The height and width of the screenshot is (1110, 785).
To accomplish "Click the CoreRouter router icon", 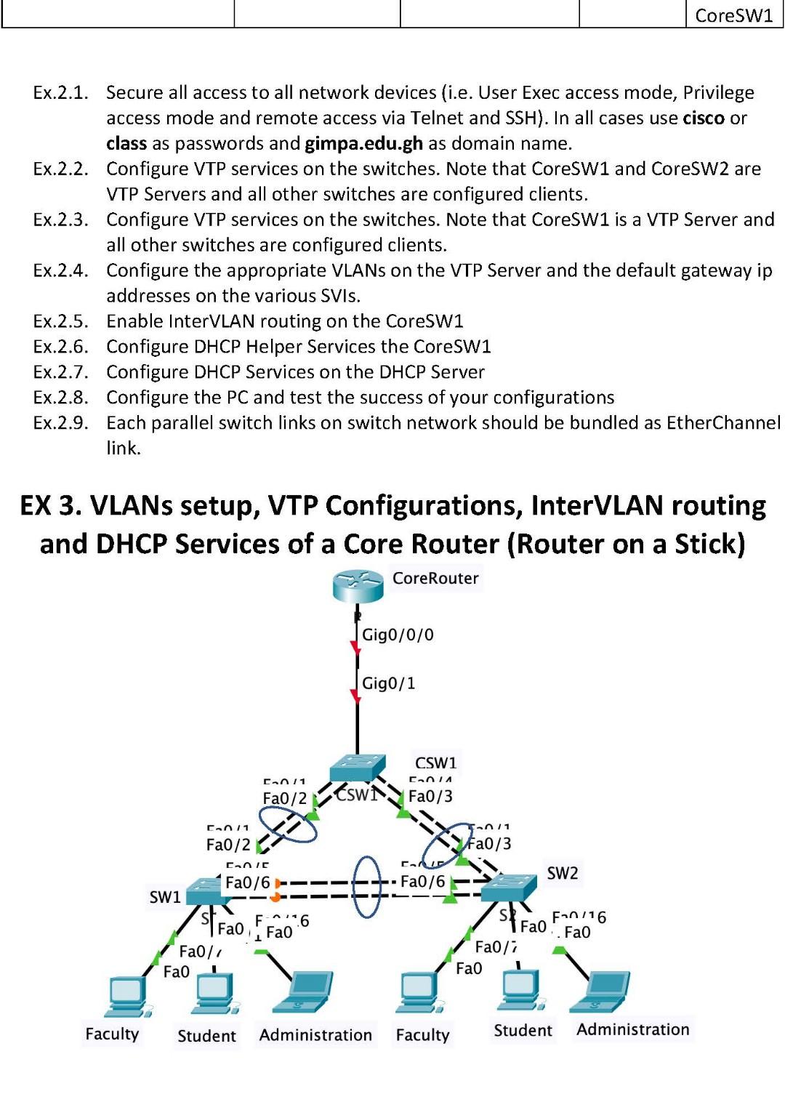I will [358, 585].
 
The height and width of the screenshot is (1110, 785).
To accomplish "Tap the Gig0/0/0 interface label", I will [398, 635].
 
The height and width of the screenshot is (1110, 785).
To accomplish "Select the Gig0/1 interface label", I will [388, 683].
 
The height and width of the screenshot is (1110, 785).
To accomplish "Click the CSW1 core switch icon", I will [357, 768].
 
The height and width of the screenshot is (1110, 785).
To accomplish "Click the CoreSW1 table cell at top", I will [733, 15].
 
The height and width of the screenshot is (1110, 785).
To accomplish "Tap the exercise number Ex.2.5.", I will [60, 321].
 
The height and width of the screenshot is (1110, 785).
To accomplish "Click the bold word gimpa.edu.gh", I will [363, 143].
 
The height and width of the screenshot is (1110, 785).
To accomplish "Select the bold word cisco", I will [704, 118].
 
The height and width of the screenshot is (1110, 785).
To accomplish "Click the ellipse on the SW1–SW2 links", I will [366, 886].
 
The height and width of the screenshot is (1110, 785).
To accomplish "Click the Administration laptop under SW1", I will [304, 992].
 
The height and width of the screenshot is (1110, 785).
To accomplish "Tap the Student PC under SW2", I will [520, 989].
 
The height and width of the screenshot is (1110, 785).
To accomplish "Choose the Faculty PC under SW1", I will [127, 996].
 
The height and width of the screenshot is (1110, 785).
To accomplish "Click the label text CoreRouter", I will [435, 579].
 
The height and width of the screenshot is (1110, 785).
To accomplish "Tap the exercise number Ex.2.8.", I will [60, 398].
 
